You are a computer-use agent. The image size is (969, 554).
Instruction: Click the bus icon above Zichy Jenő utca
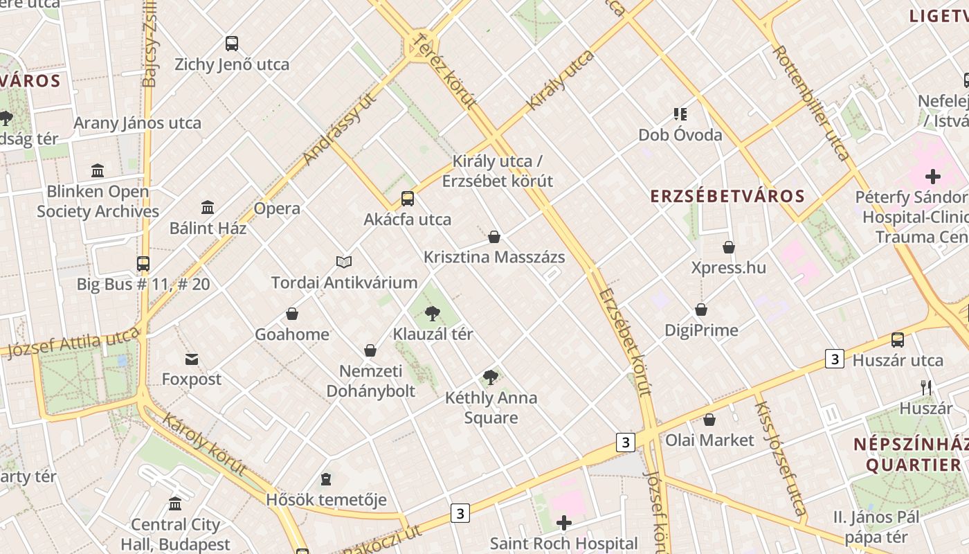click(232, 44)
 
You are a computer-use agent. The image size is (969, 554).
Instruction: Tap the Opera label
click(277, 208)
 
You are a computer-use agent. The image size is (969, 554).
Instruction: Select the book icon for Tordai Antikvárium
click(344, 262)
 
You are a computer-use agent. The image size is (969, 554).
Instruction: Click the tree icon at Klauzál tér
click(433, 313)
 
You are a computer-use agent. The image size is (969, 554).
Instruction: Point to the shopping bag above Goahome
click(292, 314)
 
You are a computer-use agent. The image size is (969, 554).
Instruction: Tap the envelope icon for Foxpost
click(191, 359)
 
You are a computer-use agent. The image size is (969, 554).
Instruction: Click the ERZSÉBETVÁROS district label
click(727, 196)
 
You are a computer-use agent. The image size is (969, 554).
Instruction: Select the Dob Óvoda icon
click(680, 114)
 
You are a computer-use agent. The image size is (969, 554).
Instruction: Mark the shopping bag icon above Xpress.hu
click(729, 247)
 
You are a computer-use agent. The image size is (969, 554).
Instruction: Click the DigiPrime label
click(701, 330)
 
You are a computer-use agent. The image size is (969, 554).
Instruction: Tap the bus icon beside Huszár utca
click(898, 339)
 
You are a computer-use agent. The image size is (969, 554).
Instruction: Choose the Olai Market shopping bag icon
click(709, 420)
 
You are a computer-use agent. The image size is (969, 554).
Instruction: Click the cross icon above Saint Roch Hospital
click(564, 523)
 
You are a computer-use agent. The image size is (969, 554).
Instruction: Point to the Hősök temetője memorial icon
click(326, 479)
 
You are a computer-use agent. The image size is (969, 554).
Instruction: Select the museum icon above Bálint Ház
click(208, 207)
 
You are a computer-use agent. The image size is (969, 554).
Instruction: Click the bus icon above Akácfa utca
click(408, 199)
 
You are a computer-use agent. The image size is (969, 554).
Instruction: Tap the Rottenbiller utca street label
click(810, 102)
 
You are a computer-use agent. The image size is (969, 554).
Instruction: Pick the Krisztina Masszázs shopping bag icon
click(494, 237)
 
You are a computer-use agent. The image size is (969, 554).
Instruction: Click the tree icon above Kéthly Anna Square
click(491, 377)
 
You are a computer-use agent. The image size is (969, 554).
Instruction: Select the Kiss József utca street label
click(780, 459)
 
